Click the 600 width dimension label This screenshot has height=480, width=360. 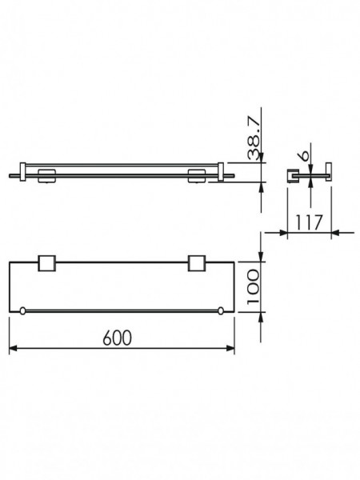[x=118, y=338]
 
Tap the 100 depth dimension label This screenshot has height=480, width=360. [x=254, y=287]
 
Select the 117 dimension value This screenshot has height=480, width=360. [x=309, y=222]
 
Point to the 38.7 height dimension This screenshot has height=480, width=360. [x=254, y=139]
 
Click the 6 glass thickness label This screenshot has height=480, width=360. [x=305, y=155]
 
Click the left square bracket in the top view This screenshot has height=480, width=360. [x=47, y=263]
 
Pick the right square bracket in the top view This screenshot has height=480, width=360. [x=197, y=263]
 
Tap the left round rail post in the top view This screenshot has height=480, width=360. [x=22, y=311]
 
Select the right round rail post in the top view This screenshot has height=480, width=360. [x=221, y=311]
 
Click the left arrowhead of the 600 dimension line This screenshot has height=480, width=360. [x=13, y=348]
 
